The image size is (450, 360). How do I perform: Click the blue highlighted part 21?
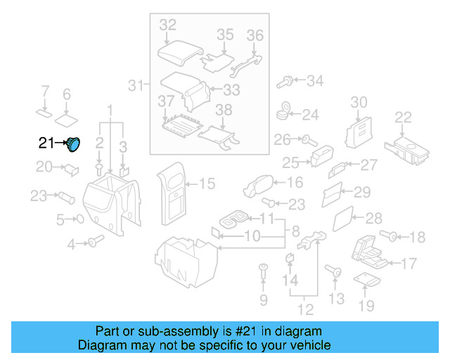73,144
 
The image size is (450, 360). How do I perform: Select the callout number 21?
46,143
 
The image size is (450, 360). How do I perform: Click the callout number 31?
135,86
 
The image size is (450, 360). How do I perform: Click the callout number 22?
404,117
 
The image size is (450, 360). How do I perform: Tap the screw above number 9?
264,269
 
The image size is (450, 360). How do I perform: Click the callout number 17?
409,264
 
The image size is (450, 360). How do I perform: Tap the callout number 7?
45,91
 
